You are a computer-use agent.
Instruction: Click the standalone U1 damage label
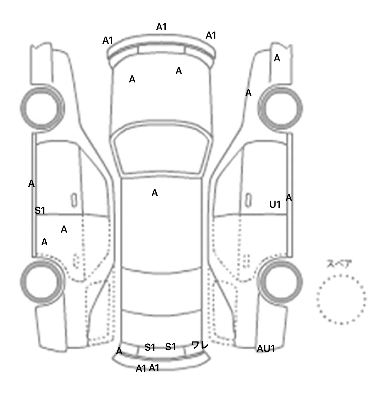click(275, 205)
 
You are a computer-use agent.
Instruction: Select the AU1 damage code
click(266, 349)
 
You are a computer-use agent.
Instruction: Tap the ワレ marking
click(200, 345)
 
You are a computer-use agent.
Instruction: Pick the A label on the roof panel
click(155, 193)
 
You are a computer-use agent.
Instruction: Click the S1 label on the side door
click(40, 211)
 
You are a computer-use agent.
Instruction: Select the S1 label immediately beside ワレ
click(170, 347)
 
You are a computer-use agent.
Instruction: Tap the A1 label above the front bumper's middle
click(161, 27)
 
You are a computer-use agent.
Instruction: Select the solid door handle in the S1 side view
click(74, 200)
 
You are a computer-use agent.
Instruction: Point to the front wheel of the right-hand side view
click(280, 109)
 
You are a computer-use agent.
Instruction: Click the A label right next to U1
click(289, 198)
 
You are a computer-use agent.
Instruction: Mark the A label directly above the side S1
click(31, 184)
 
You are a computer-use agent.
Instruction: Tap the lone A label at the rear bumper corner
click(119, 351)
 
